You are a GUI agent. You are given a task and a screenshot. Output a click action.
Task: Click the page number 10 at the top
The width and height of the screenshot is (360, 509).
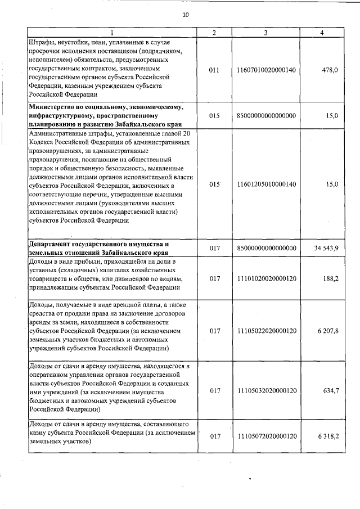[185, 15]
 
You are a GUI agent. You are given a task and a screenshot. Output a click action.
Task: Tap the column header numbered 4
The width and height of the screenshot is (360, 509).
[321, 33]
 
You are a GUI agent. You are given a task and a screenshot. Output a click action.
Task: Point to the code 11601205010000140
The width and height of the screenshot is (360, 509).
[267, 184]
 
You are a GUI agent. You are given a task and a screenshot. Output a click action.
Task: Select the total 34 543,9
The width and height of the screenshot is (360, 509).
[323, 249]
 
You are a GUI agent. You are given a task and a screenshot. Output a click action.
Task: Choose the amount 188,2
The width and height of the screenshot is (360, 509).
[329, 278]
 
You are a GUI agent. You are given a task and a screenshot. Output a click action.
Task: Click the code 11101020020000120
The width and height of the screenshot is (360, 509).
[267, 278]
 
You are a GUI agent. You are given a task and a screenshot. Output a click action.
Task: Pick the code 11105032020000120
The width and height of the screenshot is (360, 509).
[267, 391]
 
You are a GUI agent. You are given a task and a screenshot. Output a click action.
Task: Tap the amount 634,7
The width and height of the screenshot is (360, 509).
[329, 391]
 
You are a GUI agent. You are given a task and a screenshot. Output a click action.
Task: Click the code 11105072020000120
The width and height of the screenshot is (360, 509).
[267, 436]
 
